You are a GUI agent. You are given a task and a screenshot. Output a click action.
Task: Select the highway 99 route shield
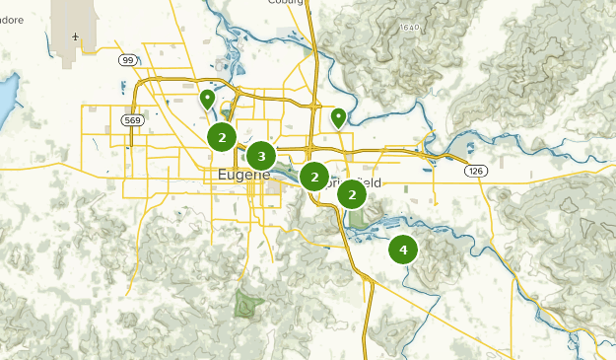pyautogui.click(x=128, y=60)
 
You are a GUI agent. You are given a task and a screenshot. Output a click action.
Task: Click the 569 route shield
pyautogui.click(x=132, y=119)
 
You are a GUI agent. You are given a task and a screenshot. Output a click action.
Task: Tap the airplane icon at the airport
pyautogui.click(x=75, y=37)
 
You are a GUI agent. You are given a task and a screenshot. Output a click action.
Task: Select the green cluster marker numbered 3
pyautogui.click(x=261, y=156)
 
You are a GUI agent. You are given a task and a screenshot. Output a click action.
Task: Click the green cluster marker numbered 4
pyautogui.click(x=403, y=250)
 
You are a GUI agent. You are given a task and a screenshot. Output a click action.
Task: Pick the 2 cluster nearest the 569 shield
pyautogui.click(x=223, y=138)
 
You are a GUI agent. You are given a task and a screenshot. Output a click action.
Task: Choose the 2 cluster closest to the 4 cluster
pyautogui.click(x=352, y=195)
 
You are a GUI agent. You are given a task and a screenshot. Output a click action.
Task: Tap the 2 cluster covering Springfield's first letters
pyautogui.click(x=314, y=178)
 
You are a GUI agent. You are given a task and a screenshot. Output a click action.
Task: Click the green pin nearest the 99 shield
pyautogui.click(x=207, y=98)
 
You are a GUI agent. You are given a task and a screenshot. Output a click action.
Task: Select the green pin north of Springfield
pyautogui.click(x=338, y=117)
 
